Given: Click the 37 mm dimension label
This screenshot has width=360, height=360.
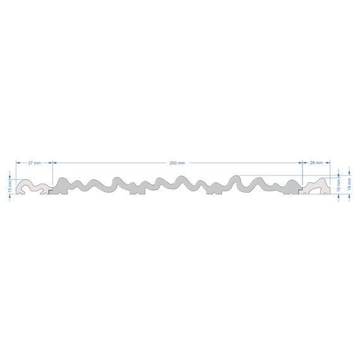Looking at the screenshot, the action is (x=35, y=163).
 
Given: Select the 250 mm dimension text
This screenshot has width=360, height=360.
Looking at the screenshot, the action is (x=177, y=163).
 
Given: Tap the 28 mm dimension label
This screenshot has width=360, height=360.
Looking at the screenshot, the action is (x=316, y=162).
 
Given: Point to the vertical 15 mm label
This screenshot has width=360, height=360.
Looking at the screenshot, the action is (x=9, y=186).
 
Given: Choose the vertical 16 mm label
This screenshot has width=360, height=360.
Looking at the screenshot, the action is (x=339, y=186).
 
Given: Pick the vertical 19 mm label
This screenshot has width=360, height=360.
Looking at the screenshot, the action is (x=349, y=184).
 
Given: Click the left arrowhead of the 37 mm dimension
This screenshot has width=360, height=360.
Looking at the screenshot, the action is (x=18, y=163).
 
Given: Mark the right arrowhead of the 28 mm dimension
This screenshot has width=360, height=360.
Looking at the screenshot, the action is (x=328, y=162).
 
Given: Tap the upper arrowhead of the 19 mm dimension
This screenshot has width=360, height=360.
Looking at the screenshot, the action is (x=349, y=173).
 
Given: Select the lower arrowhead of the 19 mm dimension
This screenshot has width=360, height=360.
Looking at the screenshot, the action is (x=349, y=196).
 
